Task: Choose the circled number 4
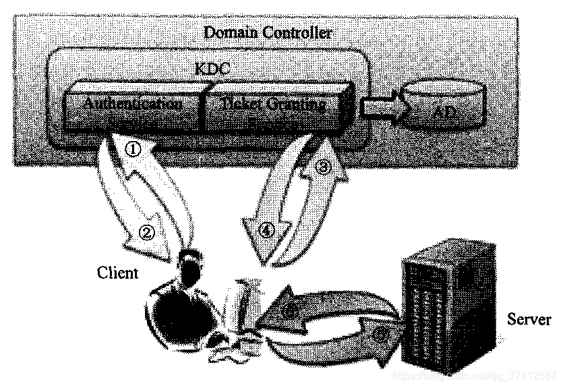pyautogui.click(x=267, y=229)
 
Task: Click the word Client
pyautogui.click(x=117, y=273)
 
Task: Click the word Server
pyautogui.click(x=529, y=319)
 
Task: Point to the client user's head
pyautogui.click(x=191, y=260)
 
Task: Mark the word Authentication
pyautogui.click(x=132, y=105)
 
